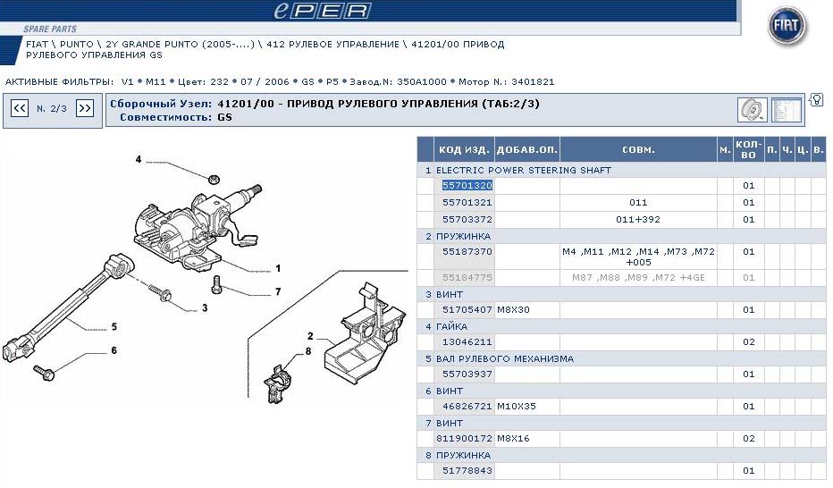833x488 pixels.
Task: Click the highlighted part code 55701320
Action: [467, 185]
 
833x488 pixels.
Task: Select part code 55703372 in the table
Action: [467, 219]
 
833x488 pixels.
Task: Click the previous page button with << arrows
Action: [20, 108]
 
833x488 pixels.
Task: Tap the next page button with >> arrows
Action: [85, 108]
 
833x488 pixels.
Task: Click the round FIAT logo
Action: [787, 26]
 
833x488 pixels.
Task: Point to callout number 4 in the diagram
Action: [139, 159]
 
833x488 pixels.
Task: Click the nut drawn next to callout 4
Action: [214, 179]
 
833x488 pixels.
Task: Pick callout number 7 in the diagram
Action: [278, 291]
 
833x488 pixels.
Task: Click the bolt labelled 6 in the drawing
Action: [44, 373]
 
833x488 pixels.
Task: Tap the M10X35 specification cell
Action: [517, 407]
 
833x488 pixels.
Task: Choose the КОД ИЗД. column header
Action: [464, 150]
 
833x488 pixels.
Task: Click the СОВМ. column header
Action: [638, 150]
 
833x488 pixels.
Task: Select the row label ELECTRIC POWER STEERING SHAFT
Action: [523, 170]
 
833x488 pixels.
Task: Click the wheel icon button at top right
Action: [752, 110]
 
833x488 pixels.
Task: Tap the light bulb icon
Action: [817, 99]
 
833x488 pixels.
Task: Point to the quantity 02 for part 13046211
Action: [748, 342]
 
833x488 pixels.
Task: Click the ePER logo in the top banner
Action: [322, 11]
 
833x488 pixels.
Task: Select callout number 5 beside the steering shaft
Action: [114, 326]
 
